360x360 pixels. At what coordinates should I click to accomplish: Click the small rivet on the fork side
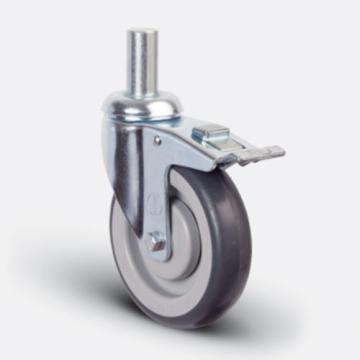click(156, 141)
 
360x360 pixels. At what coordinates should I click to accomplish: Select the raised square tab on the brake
click(208, 132)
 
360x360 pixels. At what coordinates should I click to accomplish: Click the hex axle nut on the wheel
click(157, 242)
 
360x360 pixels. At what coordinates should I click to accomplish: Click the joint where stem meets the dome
click(139, 93)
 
